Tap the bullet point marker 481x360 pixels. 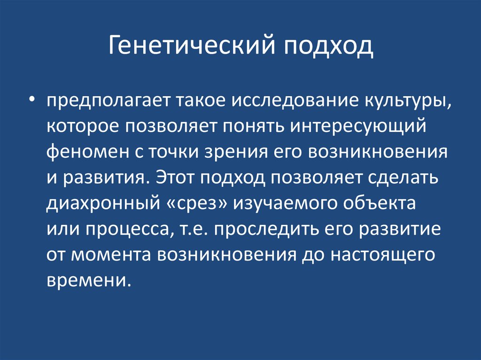coord(31,88)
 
